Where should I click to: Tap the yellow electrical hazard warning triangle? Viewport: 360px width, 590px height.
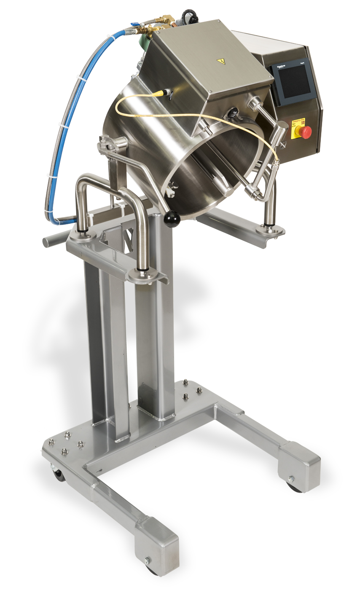(x=221, y=62)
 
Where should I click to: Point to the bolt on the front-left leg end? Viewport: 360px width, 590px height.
(x=148, y=560)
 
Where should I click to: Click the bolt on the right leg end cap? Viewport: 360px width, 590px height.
(x=291, y=478)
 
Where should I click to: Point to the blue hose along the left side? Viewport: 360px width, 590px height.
(x=67, y=126)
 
